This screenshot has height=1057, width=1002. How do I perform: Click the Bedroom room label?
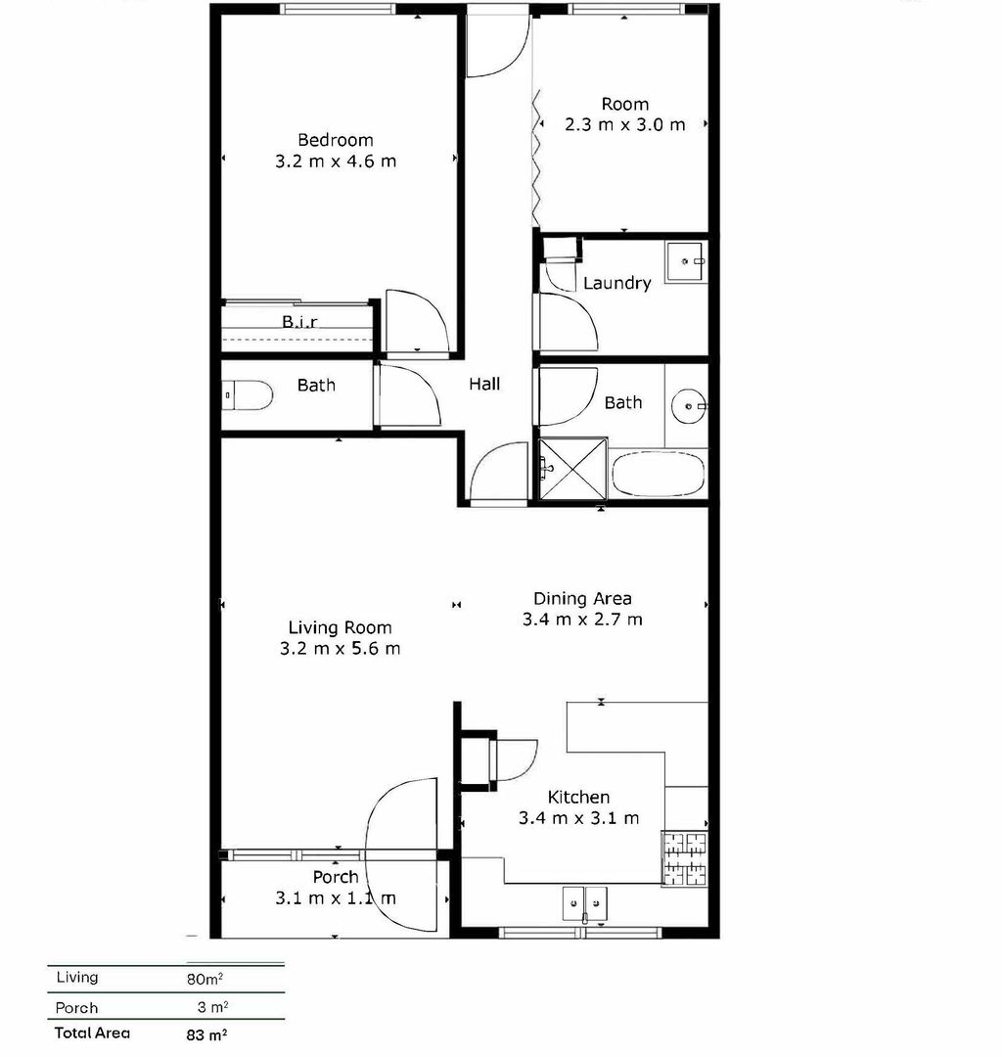click(336, 140)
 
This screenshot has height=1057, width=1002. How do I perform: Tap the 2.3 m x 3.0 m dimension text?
click(624, 125)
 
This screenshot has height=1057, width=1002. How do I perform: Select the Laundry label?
click(616, 283)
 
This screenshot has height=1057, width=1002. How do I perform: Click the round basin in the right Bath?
click(689, 403)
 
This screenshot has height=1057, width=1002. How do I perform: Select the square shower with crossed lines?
click(572, 470)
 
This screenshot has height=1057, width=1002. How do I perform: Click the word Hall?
click(484, 384)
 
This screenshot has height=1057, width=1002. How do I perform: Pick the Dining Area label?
click(582, 598)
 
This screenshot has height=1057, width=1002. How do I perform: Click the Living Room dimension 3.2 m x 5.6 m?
click(340, 648)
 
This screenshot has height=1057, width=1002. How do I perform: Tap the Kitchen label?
click(578, 798)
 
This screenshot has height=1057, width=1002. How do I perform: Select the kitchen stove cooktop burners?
click(685, 857)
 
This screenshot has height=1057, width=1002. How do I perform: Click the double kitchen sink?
click(584, 902)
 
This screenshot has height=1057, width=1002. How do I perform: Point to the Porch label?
click(336, 877)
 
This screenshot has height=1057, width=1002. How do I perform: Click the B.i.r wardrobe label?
click(299, 321)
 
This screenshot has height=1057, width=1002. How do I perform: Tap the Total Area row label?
click(92, 1033)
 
